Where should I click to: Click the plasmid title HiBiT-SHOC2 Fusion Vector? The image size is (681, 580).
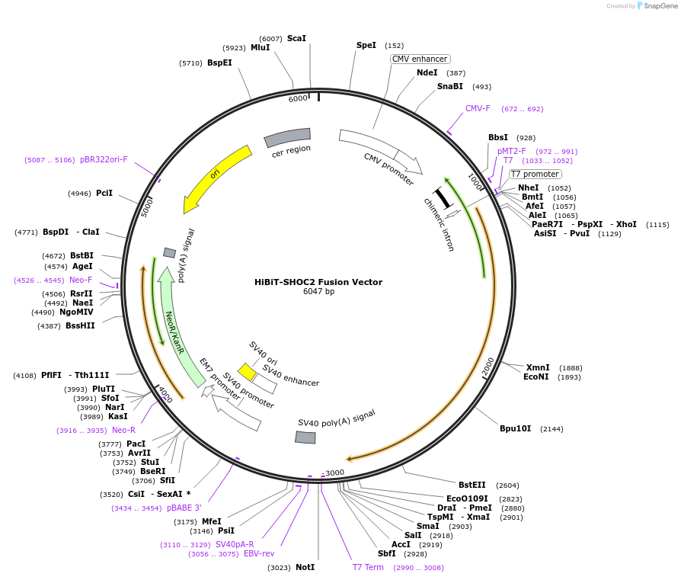tap(318, 282)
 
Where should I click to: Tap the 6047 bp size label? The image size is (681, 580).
tap(318, 292)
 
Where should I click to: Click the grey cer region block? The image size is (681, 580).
tap(287, 138)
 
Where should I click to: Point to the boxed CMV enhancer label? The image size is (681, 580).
tap(420, 59)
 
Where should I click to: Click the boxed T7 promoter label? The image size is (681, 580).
tap(535, 175)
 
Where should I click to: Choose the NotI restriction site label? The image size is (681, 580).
tap(305, 568)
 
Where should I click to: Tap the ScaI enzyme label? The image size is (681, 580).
tap(296, 38)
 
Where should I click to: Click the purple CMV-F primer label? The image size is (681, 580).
tap(478, 108)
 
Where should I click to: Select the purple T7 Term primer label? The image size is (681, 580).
tap(368, 568)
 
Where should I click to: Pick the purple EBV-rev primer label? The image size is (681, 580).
tap(259, 554)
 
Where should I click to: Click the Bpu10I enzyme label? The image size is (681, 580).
tap(515, 429)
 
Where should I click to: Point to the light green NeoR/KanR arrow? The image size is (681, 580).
tap(180, 328)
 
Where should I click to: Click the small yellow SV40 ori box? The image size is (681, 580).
tap(247, 371)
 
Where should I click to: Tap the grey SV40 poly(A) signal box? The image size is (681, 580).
tap(305, 437)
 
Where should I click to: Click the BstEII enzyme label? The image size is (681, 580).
tap(472, 485)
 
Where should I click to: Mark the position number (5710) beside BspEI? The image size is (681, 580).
tap(190, 63)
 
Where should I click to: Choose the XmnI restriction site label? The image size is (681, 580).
tap(537, 367)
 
